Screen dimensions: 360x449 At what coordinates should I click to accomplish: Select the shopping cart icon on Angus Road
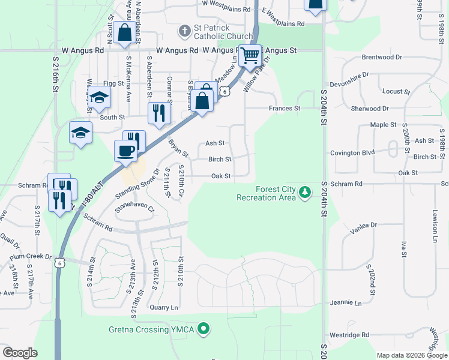(x=250, y=56)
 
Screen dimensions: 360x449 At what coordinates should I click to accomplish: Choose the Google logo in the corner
(x=20, y=353)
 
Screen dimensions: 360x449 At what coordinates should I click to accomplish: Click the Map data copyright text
(x=411, y=355)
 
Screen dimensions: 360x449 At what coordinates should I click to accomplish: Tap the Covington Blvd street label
(x=352, y=152)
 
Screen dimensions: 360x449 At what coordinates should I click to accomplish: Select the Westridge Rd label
(x=349, y=335)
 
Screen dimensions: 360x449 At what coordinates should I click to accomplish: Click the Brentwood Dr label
(x=382, y=57)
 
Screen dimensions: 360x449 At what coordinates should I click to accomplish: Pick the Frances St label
(x=284, y=109)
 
